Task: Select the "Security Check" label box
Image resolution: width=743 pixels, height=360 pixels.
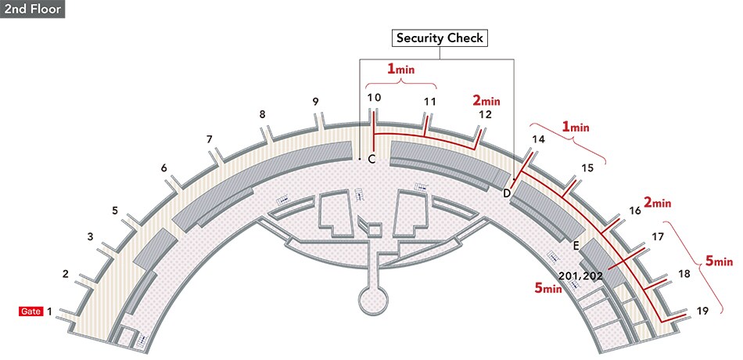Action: (x=440, y=38)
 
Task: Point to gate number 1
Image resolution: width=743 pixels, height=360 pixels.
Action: (x=50, y=311)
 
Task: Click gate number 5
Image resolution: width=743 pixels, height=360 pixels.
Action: (x=115, y=211)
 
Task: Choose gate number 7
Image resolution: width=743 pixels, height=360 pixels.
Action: (x=210, y=139)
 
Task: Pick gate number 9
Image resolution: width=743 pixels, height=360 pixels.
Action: (x=315, y=102)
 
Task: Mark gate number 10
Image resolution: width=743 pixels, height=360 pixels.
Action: (x=374, y=98)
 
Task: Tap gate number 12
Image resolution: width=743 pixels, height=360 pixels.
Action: (x=485, y=114)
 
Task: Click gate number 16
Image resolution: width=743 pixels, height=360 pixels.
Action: (x=635, y=211)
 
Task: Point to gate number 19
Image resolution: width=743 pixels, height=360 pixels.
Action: (x=702, y=311)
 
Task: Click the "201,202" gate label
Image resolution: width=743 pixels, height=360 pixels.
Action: (x=580, y=275)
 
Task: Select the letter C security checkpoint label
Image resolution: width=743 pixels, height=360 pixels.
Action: (x=371, y=160)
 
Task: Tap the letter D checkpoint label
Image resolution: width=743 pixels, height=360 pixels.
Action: (x=506, y=193)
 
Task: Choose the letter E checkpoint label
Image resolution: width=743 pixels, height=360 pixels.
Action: (x=576, y=246)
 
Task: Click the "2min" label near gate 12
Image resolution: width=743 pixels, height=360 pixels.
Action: (x=486, y=100)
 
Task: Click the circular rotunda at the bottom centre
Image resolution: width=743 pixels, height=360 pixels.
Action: (x=372, y=299)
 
